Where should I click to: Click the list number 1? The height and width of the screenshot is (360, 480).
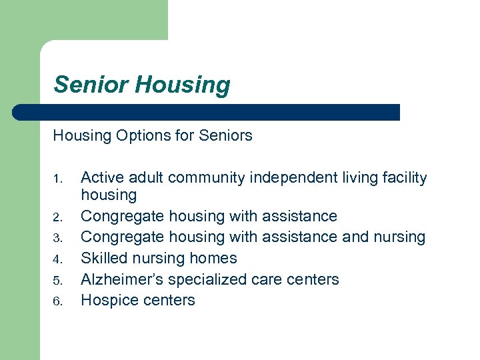coord(57,179)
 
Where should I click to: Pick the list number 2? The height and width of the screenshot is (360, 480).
coord(57,217)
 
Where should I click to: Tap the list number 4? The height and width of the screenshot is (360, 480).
coord(57,259)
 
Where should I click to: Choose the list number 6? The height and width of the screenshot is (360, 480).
coord(57,301)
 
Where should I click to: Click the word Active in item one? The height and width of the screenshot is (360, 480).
coord(101,178)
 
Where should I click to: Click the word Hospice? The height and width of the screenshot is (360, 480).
coord(107,301)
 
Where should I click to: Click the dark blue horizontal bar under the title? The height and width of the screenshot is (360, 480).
coord(207,112)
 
